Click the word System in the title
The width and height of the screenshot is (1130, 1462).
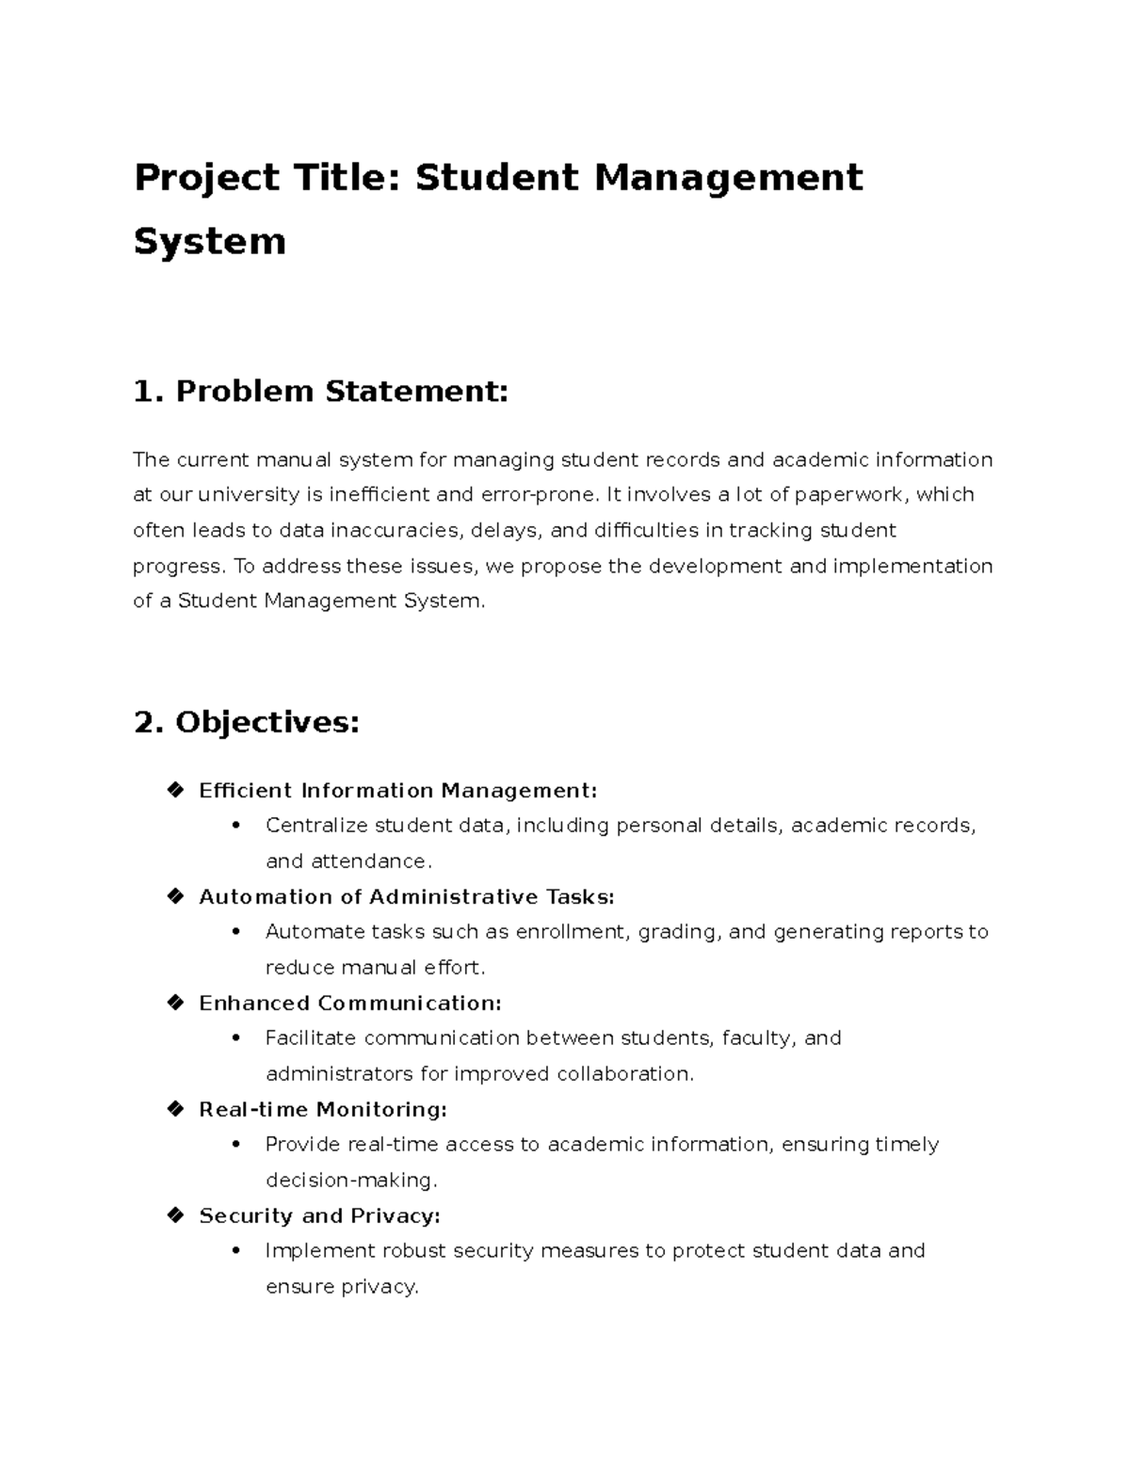209,241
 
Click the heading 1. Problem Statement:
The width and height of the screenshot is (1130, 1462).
320,391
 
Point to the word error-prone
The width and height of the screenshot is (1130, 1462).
539,494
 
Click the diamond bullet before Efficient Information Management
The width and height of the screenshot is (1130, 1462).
175,790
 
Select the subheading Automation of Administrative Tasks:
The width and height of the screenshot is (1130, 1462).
406,897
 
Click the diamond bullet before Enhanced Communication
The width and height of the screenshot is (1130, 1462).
175,1003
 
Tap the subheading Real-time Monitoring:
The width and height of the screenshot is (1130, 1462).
322,1110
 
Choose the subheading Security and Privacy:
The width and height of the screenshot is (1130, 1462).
319,1216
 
